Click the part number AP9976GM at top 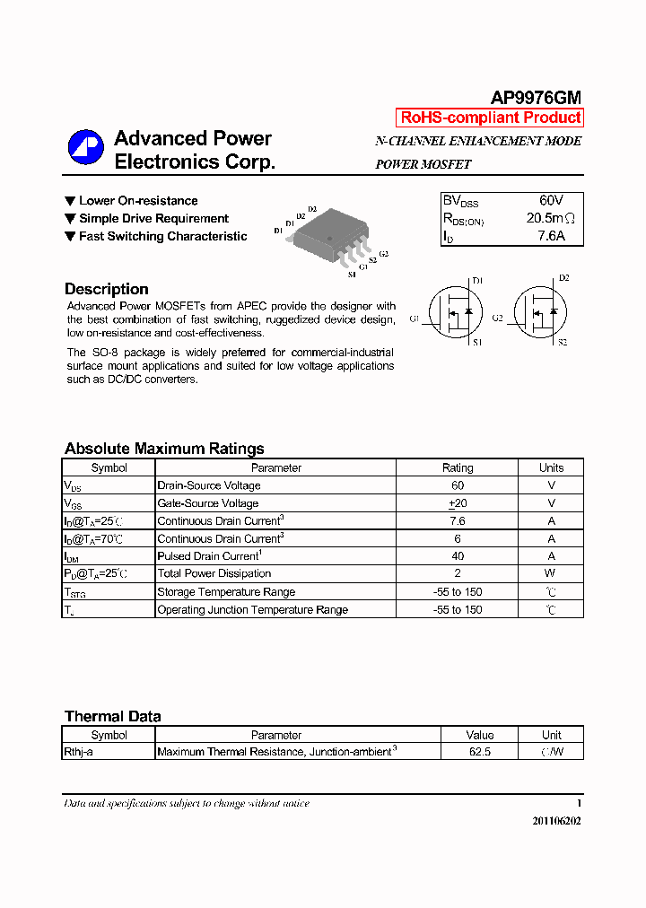tap(536, 98)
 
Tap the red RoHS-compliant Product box tap(490, 118)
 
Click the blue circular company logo tap(86, 148)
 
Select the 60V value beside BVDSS tap(551, 200)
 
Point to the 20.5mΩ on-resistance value tap(550, 218)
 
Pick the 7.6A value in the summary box tap(551, 236)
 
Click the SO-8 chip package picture tap(329, 237)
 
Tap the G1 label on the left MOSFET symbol tap(415, 319)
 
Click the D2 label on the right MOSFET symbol tap(563, 278)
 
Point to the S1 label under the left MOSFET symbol tap(477, 342)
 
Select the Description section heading tap(106, 289)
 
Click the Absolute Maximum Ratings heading tap(164, 449)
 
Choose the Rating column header tap(458, 467)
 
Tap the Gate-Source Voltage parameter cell tap(207, 503)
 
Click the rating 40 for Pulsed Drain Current tap(458, 556)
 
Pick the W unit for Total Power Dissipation tap(551, 573)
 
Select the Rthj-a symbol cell tap(78, 752)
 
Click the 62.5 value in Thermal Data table tap(480, 752)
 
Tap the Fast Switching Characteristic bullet tap(162, 236)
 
